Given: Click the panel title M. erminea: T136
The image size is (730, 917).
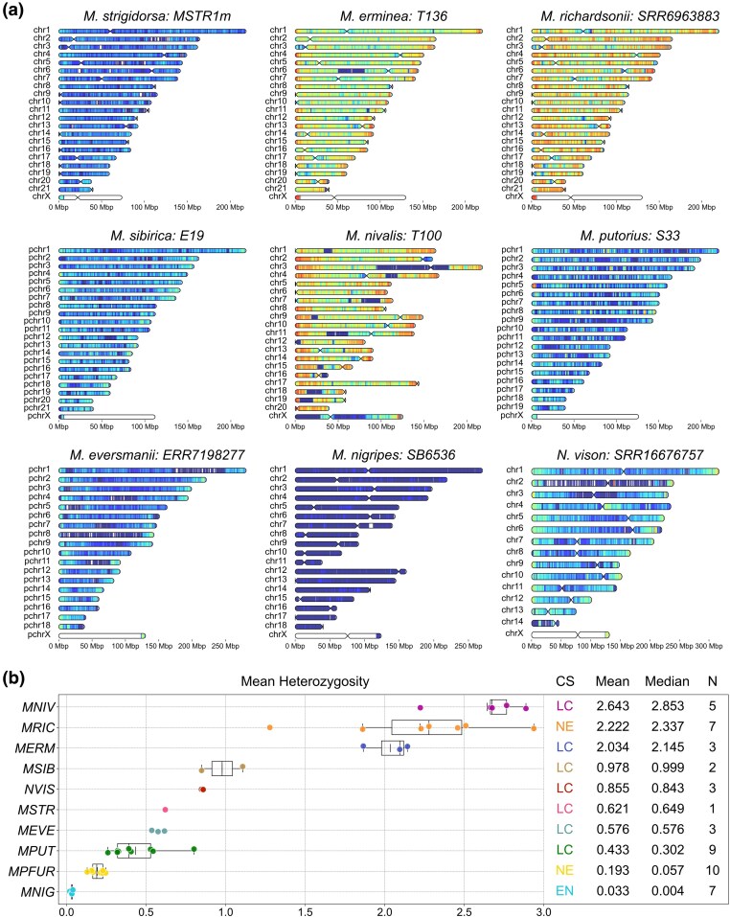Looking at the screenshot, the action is tap(394, 15).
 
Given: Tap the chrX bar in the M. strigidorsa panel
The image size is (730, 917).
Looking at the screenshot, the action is tap(91, 197).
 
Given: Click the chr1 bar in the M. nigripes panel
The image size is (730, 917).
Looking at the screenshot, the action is tap(389, 470).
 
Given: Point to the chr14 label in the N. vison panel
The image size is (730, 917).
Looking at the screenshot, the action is tap(512, 622).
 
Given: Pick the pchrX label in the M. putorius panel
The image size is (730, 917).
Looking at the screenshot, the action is tap(512, 415).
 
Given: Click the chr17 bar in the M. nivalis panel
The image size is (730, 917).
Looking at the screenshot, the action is tap(357, 383).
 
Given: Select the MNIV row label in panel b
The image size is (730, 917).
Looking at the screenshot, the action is tap(38, 707).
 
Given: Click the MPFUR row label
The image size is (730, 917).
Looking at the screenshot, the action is tap(32, 871).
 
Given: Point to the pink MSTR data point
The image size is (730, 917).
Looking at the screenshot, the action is tap(166, 810).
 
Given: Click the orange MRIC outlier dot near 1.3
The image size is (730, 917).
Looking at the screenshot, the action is tap(270, 727).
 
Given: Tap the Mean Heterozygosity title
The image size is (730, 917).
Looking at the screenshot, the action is tap(305, 681).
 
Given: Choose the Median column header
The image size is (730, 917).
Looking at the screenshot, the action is tap(667, 681).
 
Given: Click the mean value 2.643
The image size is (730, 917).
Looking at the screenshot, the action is tap(612, 706).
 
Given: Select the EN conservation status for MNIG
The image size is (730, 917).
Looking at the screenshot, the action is tap(564, 891).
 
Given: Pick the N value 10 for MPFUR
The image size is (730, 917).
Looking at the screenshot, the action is tap(713, 870).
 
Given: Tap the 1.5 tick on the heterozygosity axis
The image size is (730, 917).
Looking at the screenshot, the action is tap(305, 911).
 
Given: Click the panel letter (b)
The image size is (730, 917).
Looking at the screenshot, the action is tap(13, 677).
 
